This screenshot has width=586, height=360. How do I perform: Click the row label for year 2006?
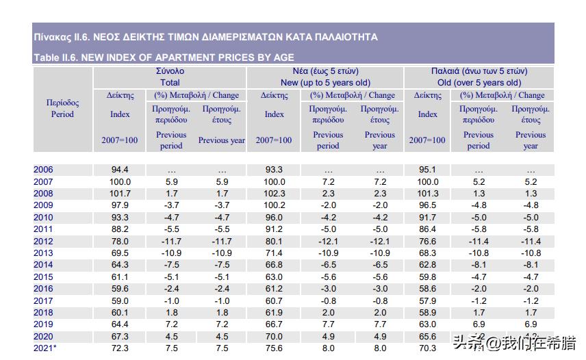tap(42, 170)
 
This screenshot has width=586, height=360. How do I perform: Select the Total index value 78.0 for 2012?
tap(120, 241)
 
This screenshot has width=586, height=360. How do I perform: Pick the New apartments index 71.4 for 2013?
tap(274, 253)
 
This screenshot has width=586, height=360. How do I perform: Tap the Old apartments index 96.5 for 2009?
tap(427, 205)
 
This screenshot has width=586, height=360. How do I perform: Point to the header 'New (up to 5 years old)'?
tap(324, 82)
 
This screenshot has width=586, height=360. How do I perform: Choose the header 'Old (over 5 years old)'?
tap(479, 82)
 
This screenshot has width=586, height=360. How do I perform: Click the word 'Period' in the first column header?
tap(62, 114)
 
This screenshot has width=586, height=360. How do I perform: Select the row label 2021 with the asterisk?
tap(44, 348)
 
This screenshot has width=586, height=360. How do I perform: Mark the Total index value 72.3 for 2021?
tap(120, 348)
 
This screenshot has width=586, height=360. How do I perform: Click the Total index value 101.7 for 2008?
tap(120, 194)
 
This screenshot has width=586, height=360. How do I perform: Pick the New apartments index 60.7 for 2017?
tap(274, 300)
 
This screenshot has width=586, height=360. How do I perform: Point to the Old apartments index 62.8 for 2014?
tap(427, 265)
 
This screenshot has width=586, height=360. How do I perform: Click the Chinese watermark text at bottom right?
tap(513, 342)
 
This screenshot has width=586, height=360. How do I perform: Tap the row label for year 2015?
tap(42, 277)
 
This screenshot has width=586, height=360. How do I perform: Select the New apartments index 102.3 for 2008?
tap(274, 194)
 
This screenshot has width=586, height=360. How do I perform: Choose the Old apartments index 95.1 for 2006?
tap(427, 170)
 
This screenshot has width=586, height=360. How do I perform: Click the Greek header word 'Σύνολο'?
tap(169, 71)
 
